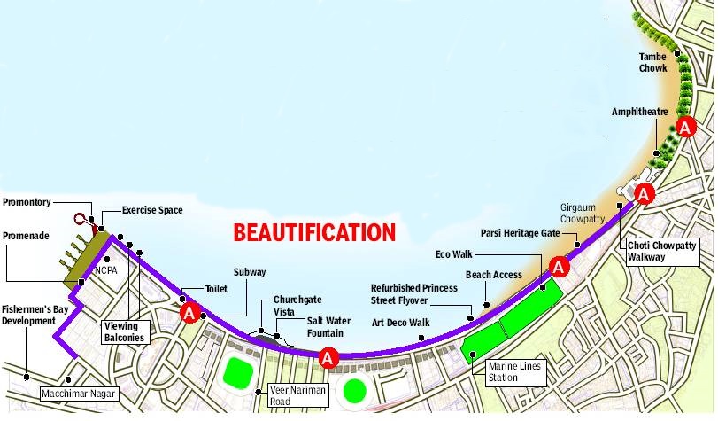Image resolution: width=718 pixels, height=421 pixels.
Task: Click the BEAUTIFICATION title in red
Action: point(313,233)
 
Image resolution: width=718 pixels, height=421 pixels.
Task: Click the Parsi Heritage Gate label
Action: point(524,234)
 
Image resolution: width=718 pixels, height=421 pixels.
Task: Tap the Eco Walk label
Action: point(455,254)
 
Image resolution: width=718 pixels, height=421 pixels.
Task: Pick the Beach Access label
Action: point(494,275)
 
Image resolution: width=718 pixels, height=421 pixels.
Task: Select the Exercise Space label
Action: point(152,210)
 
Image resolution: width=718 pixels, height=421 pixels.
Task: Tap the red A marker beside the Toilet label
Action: point(189,313)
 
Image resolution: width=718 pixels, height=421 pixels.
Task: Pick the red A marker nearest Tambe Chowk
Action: point(684,128)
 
